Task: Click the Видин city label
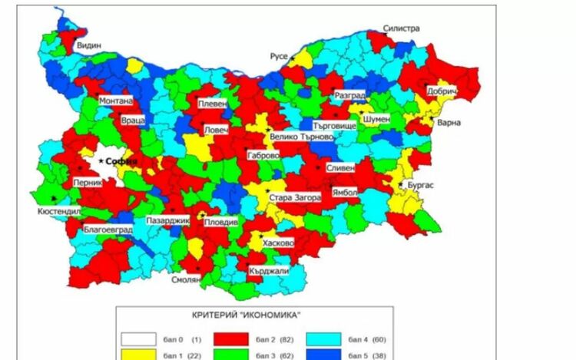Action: pos(88,46)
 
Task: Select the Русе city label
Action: pos(278,56)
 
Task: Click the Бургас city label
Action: pos(421,185)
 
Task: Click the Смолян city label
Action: pos(186,280)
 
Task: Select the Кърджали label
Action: pos(269,271)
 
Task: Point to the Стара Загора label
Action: pos(295,198)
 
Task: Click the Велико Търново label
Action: pos(302,137)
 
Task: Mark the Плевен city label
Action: pos(210,104)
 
